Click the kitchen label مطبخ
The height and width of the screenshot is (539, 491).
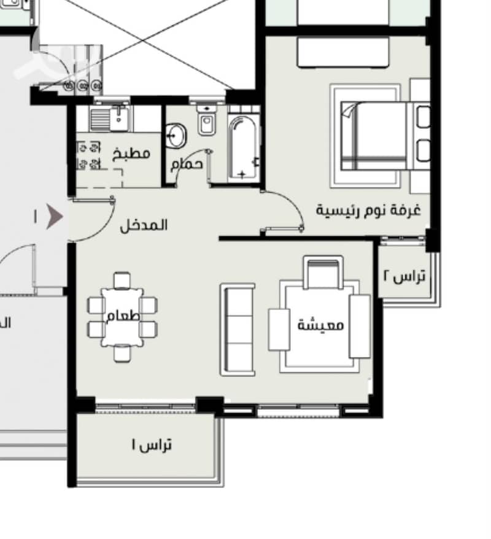(131, 153)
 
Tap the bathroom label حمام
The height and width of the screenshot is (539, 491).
(187, 165)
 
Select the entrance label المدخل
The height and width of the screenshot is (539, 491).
(144, 225)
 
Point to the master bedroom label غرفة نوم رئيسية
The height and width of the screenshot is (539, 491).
(368, 210)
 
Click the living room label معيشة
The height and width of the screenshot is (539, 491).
(320, 325)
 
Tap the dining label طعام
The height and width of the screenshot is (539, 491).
(123, 316)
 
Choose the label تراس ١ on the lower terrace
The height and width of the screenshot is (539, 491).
(152, 445)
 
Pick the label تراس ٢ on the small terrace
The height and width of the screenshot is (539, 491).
(404, 276)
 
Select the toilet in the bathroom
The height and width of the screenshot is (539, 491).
(206, 120)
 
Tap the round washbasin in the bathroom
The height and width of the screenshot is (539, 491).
(176, 136)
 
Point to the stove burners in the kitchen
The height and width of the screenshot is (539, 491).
(88, 156)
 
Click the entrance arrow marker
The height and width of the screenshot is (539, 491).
(54, 217)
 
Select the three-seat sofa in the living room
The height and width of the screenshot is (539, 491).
(238, 329)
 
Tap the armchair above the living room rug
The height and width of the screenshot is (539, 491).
(323, 272)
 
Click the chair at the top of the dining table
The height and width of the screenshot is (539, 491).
(122, 281)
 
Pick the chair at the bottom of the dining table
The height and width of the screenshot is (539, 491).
(122, 354)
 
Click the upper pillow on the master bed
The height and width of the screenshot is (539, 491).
(423, 117)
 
